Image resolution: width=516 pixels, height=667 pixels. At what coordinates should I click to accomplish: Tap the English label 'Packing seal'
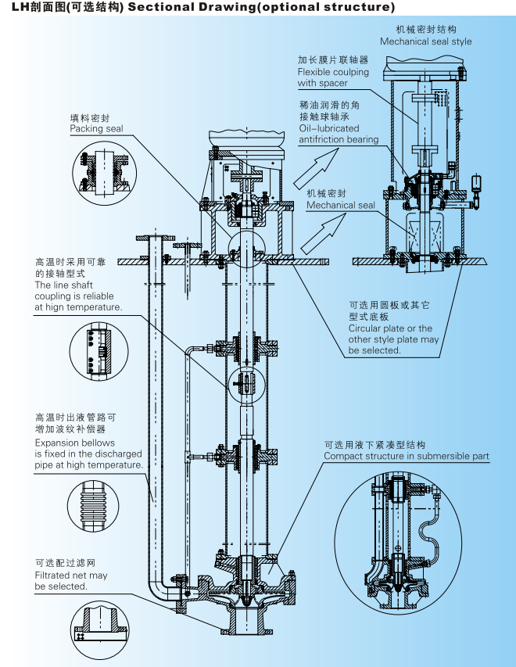coord(96,128)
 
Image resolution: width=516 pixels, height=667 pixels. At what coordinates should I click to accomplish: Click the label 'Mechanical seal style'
coord(425,41)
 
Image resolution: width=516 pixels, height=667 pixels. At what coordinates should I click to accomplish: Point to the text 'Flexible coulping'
coord(333,72)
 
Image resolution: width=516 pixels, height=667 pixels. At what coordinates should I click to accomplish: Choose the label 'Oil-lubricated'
coord(329,128)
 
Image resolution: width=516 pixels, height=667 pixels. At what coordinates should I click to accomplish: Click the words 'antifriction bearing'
coord(338,140)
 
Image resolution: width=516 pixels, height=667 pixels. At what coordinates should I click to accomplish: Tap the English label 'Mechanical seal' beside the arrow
coord(340,206)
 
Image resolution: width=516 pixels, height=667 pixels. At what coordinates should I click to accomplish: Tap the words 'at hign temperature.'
coord(78,307)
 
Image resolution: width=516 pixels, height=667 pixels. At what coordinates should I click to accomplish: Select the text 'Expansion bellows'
coord(74,443)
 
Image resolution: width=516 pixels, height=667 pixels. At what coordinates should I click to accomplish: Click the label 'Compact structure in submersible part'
coord(406,456)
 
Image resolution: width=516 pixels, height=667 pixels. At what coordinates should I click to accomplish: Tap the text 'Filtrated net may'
coord(71,576)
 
